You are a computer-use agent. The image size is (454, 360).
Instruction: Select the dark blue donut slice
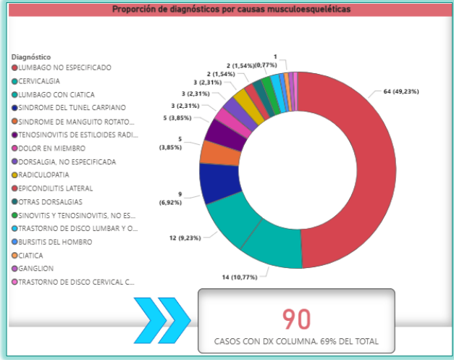point(220,183)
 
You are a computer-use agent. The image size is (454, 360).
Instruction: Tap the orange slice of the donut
point(221,153)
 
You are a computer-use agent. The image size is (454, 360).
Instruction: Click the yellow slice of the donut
point(249,106)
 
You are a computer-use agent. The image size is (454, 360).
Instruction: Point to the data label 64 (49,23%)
point(401,91)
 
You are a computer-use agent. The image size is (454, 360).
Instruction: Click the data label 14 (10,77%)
point(240,277)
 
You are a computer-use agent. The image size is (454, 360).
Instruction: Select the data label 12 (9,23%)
point(185,238)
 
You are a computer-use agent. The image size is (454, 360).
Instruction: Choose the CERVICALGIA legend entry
point(35,81)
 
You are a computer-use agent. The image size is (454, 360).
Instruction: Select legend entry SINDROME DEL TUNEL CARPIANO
point(69,108)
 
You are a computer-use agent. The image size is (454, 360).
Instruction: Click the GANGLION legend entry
point(33,269)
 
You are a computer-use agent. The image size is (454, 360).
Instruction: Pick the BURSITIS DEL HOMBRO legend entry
point(52,242)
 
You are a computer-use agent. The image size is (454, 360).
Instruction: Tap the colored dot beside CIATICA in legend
point(14,256)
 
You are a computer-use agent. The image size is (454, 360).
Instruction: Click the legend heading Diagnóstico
point(31,57)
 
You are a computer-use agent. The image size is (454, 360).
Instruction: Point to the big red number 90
point(296,319)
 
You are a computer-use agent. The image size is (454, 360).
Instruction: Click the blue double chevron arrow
point(162,320)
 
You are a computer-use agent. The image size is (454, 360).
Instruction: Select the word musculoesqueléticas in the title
point(308,9)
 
